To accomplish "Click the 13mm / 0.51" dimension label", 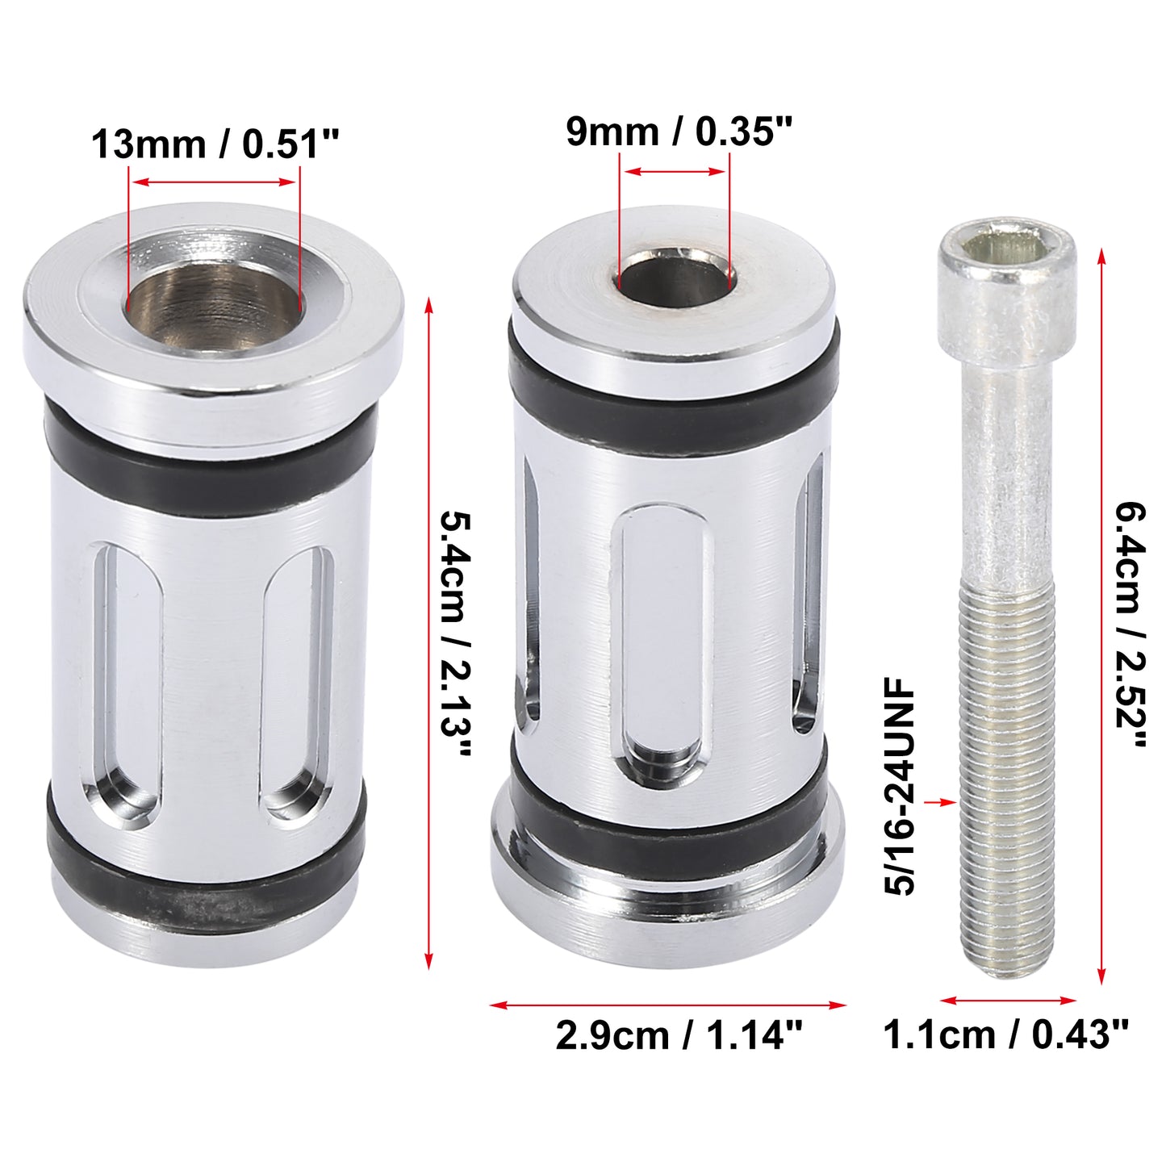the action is pyautogui.click(x=215, y=144).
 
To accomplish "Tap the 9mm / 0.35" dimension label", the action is pyautogui.click(x=679, y=132).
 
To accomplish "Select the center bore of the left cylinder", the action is pyautogui.click(x=214, y=299).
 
